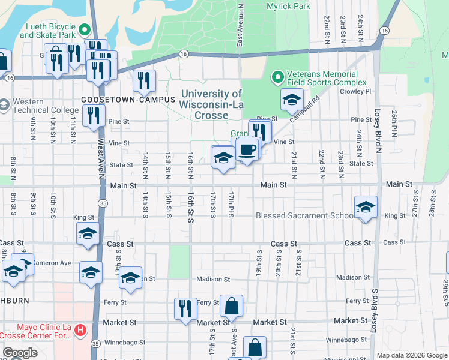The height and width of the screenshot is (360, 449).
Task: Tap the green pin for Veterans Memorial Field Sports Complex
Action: coord(277,76)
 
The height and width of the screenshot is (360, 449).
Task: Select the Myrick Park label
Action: coord(287,6)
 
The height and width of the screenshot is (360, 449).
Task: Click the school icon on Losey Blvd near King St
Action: coord(366,207)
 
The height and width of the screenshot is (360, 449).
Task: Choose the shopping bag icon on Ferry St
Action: coord(231,306)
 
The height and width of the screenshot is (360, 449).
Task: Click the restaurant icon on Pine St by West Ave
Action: coord(92,115)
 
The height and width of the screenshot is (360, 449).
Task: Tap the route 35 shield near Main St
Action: coord(103,203)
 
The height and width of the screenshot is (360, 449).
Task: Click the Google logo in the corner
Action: coord(20,353)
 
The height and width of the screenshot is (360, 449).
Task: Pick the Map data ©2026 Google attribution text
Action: coord(412,355)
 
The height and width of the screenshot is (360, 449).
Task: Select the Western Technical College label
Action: coord(45,106)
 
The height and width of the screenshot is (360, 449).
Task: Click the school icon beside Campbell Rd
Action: coord(292,99)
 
